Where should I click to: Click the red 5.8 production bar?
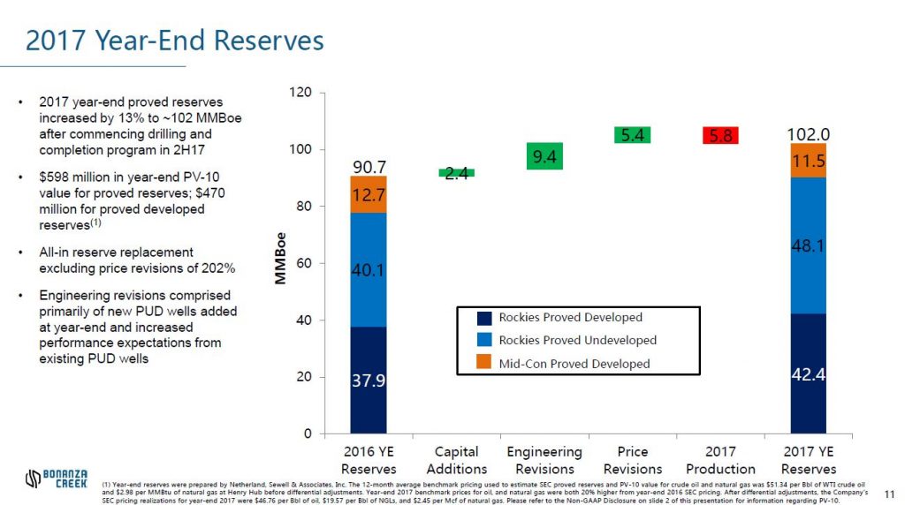tap(719, 135)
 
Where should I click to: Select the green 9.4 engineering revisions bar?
tap(544, 156)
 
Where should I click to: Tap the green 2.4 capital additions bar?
tap(456, 173)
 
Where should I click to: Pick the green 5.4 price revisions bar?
tap(632, 134)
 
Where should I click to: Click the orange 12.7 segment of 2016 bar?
tap(368, 194)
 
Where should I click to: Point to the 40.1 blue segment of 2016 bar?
tap(368, 269)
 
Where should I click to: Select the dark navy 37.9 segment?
tap(368, 380)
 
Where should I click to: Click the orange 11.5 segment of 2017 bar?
tap(808, 161)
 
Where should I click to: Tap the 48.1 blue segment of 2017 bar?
tap(808, 245)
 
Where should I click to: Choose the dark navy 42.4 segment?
tap(808, 373)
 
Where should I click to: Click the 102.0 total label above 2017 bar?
tap(808, 134)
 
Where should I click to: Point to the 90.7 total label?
tap(368, 167)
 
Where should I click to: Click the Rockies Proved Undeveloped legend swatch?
tap(484, 340)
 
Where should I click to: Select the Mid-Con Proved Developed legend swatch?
tap(484, 363)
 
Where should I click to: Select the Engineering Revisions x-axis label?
tap(544, 460)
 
